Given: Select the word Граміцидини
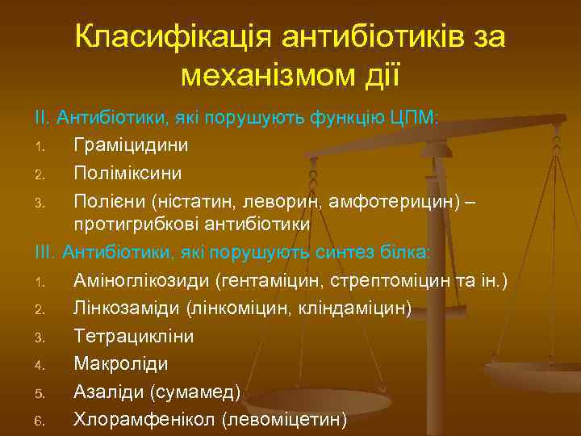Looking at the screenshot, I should pos(131,145).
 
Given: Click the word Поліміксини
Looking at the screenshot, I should pos(127,173).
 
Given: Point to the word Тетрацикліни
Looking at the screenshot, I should pos(127,335).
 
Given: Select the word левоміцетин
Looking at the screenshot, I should pos(286,419).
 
